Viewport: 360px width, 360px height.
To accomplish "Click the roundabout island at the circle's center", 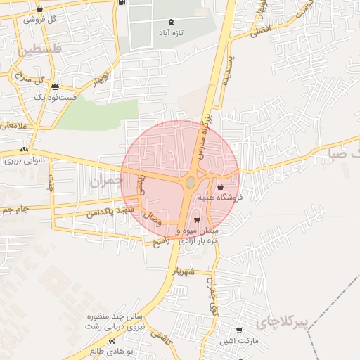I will click(x=190, y=183).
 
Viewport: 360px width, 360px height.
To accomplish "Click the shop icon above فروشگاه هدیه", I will click(x=221, y=187).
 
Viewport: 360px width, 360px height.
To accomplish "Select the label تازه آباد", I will click(x=171, y=33).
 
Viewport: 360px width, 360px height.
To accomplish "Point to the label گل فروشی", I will click(x=39, y=19).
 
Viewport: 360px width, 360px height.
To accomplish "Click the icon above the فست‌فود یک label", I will click(x=55, y=86).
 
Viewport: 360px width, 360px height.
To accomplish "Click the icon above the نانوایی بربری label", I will click(x=25, y=150).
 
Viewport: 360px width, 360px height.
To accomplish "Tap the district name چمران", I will click(x=105, y=181).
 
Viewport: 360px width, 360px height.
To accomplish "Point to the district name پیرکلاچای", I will click(x=283, y=323).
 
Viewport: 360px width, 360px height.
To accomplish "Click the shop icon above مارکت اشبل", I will click(x=239, y=330).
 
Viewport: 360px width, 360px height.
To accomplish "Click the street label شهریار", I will click(x=187, y=271).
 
